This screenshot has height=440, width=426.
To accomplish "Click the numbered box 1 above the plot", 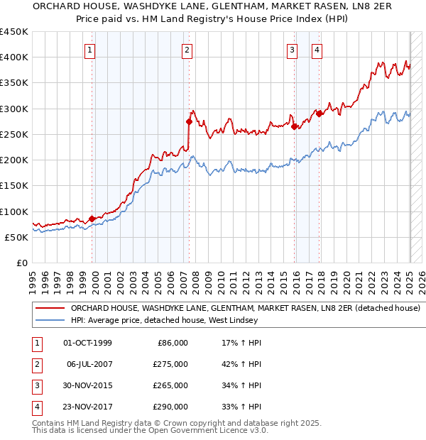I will (92, 50).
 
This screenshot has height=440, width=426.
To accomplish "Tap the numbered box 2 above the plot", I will (186, 50).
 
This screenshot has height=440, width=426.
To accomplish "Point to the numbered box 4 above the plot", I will (317, 50).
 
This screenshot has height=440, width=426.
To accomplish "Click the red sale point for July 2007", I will (190, 121).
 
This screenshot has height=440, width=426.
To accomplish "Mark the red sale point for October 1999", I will (92, 219).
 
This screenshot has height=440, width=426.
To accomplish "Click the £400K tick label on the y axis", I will (14, 57).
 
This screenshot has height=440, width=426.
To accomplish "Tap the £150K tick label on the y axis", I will (14, 186).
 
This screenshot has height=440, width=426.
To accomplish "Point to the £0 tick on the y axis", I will (21, 263).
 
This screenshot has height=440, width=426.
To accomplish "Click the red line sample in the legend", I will (50, 309).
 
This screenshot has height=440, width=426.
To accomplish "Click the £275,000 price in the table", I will (171, 364).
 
